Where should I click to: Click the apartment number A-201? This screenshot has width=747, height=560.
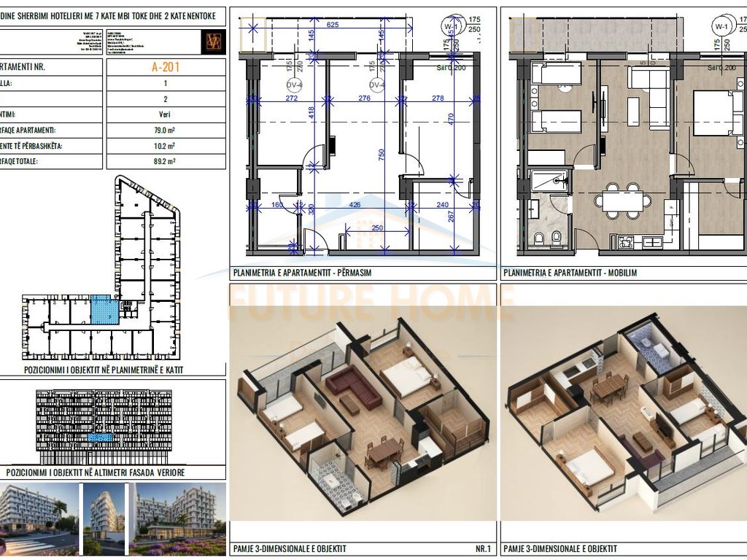coord(166,67)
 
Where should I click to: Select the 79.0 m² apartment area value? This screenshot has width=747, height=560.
coord(166,131)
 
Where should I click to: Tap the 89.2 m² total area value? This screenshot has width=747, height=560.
coord(166,162)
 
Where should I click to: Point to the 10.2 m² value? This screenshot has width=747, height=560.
coord(166,146)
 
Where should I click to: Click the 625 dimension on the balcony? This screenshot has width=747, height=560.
coord(333,25)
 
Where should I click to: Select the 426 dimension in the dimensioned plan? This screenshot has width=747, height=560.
coord(355,205)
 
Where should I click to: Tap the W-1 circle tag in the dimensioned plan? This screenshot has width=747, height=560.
coord(449,28)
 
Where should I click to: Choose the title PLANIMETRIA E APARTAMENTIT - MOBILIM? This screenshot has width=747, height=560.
coord(569,273)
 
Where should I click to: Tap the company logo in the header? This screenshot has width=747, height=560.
coord(214,40)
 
